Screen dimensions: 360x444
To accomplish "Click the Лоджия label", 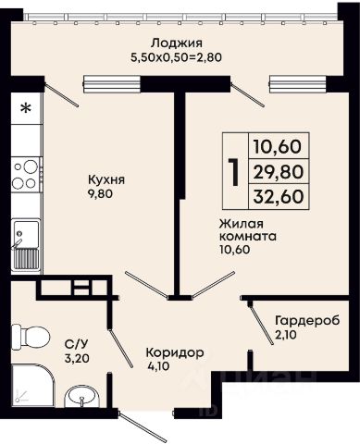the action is tap(177, 43).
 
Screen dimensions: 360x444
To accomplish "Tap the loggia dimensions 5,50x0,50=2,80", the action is tap(176, 57).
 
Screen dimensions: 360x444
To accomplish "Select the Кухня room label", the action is tap(106, 180).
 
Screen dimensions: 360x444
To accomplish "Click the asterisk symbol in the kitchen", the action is tap(26, 108).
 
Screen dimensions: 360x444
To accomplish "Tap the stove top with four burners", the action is tap(26, 175).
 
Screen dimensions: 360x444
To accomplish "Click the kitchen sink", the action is tap(26, 245).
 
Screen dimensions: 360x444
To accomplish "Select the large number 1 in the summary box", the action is tap(235, 172).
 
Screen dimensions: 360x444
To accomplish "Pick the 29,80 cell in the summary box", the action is tap(279, 172).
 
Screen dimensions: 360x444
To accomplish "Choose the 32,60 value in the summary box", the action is tap(279, 196).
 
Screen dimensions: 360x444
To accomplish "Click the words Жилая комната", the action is tap(248, 230).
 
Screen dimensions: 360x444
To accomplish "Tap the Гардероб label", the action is tap(307, 321).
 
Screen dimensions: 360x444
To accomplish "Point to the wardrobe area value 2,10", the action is tap(286, 335).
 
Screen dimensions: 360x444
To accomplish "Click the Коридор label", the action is tap(175, 353).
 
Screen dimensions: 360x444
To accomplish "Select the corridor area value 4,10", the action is tap(158, 366).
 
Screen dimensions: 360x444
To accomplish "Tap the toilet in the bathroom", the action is tap(31, 337).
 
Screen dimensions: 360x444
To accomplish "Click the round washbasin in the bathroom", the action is tap(81, 397).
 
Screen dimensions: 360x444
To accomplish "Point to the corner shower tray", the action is tap(32, 386).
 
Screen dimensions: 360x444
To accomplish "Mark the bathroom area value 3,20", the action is tap(77, 358).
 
